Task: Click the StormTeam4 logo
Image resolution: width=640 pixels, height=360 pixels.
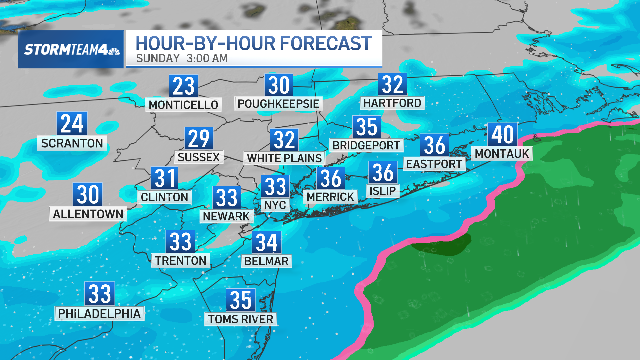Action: pyautogui.click(x=71, y=49)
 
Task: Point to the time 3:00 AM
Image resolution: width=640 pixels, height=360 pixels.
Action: pyautogui.click(x=207, y=59)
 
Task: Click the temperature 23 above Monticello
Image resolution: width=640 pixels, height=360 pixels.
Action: pyautogui.click(x=183, y=86)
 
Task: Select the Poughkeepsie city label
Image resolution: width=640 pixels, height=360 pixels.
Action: pyautogui.click(x=278, y=104)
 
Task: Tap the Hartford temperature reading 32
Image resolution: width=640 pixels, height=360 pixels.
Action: pyautogui.click(x=392, y=84)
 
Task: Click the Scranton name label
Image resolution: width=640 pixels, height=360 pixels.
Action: pyautogui.click(x=72, y=143)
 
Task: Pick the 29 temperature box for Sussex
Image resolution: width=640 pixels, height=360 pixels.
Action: pyautogui.click(x=199, y=138)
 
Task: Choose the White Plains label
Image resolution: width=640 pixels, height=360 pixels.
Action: pyautogui.click(x=284, y=158)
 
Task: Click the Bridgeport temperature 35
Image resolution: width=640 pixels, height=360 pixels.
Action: pyautogui.click(x=367, y=127)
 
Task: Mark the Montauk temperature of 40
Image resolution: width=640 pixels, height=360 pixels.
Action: pyautogui.click(x=502, y=134)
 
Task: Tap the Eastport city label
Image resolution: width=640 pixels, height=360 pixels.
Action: pyautogui.click(x=434, y=164)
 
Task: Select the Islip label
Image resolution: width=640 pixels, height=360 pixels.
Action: pyautogui.click(x=383, y=191)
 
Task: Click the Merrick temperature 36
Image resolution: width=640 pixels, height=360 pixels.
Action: pyautogui.click(x=330, y=178)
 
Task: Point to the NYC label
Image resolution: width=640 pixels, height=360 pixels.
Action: pyautogui.click(x=275, y=205)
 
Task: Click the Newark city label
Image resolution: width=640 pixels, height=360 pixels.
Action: pyautogui.click(x=226, y=216)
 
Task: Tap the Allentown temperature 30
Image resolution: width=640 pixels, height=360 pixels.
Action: pyautogui.click(x=88, y=194)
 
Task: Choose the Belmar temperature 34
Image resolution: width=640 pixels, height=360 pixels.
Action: pyautogui.click(x=267, y=242)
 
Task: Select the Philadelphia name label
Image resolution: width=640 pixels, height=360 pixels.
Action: pyautogui.click(x=99, y=314)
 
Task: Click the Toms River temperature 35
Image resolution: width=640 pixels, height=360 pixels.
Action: pyautogui.click(x=240, y=300)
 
